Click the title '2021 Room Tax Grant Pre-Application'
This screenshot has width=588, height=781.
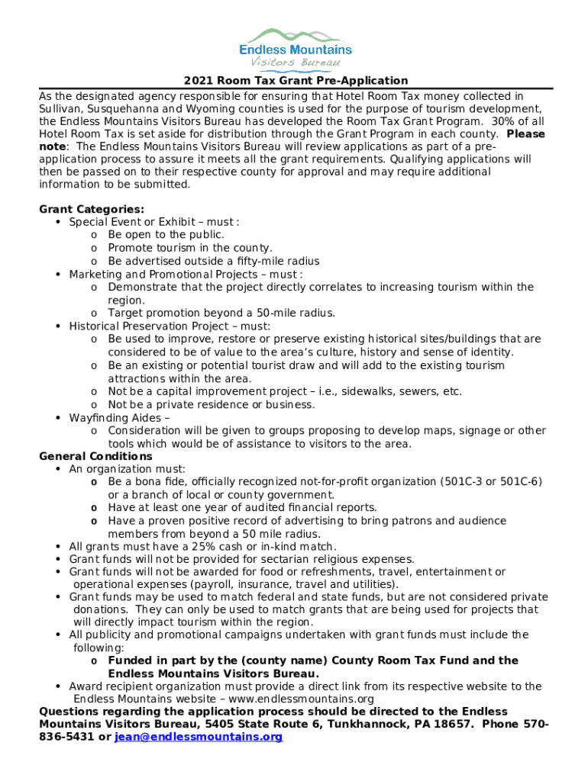(x=296, y=81)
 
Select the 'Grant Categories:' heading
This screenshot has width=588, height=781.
(x=92, y=209)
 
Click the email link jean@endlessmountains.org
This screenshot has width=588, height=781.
(x=199, y=738)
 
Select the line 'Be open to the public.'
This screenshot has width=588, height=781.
(x=166, y=235)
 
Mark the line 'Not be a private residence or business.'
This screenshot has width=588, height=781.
(x=212, y=405)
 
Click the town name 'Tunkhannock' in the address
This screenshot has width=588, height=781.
(x=334, y=725)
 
